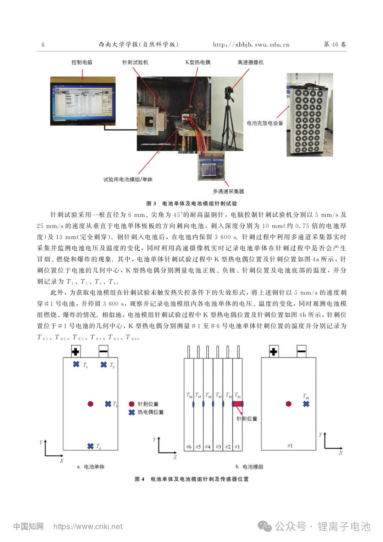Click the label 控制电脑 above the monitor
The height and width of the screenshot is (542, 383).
click(x=82, y=62)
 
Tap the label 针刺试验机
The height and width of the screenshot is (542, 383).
click(x=135, y=62)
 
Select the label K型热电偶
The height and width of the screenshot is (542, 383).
click(x=198, y=62)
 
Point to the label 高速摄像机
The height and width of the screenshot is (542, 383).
click(x=250, y=62)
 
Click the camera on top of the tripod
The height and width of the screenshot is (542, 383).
click(x=229, y=90)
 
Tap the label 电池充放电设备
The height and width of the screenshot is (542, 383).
click(x=265, y=123)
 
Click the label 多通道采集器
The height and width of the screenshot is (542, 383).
click(x=228, y=191)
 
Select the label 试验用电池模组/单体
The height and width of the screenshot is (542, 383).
click(x=128, y=179)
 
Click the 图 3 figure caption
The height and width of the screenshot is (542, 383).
click(x=191, y=203)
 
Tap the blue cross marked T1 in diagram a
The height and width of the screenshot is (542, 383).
click(x=76, y=364)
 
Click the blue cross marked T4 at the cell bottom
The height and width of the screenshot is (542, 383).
click(x=90, y=446)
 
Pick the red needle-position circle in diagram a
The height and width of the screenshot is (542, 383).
click(x=90, y=404)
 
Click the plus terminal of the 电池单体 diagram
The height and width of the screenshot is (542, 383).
click(x=76, y=351)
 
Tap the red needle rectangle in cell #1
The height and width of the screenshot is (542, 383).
click(x=237, y=404)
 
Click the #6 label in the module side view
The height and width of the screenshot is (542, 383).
click(x=189, y=447)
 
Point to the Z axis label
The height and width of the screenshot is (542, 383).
click(x=175, y=457)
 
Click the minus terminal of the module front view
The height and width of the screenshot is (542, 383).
click(x=301, y=351)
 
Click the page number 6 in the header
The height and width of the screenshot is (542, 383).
click(x=43, y=45)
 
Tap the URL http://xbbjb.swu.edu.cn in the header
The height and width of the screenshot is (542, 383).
click(x=251, y=45)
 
